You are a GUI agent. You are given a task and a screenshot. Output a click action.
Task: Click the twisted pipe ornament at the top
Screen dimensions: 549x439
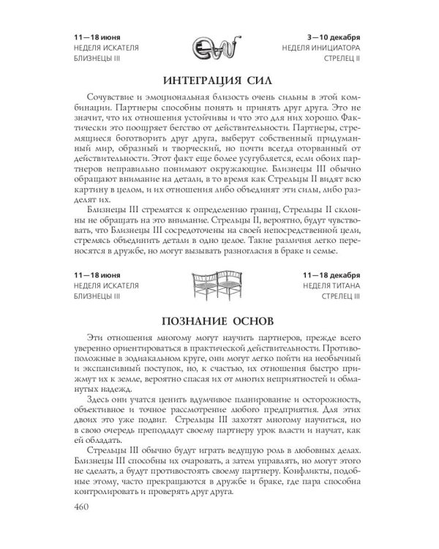(x=219, y=49)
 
